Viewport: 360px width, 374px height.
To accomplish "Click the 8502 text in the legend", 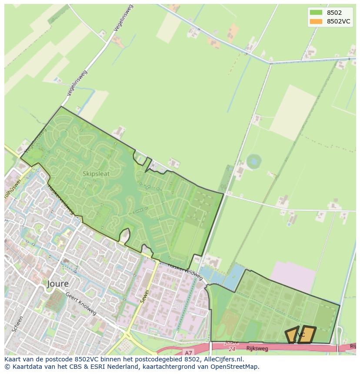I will tap(334, 13).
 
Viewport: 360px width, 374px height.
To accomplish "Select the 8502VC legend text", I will tap(338, 21).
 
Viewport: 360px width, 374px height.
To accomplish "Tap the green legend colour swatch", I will tap(316, 13).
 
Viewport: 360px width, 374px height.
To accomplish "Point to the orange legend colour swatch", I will tap(316, 21).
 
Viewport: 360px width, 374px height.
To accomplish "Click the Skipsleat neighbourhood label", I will tap(96, 174).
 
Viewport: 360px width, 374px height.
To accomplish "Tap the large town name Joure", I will tap(58, 284).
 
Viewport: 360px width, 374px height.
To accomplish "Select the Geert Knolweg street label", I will tap(81, 303).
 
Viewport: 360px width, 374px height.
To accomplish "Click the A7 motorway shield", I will tap(188, 353).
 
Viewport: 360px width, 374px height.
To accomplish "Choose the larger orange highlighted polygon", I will tap(307, 334).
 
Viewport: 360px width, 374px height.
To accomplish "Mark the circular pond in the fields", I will tap(253, 162).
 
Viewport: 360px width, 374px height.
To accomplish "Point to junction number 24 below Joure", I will tap(231, 348).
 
